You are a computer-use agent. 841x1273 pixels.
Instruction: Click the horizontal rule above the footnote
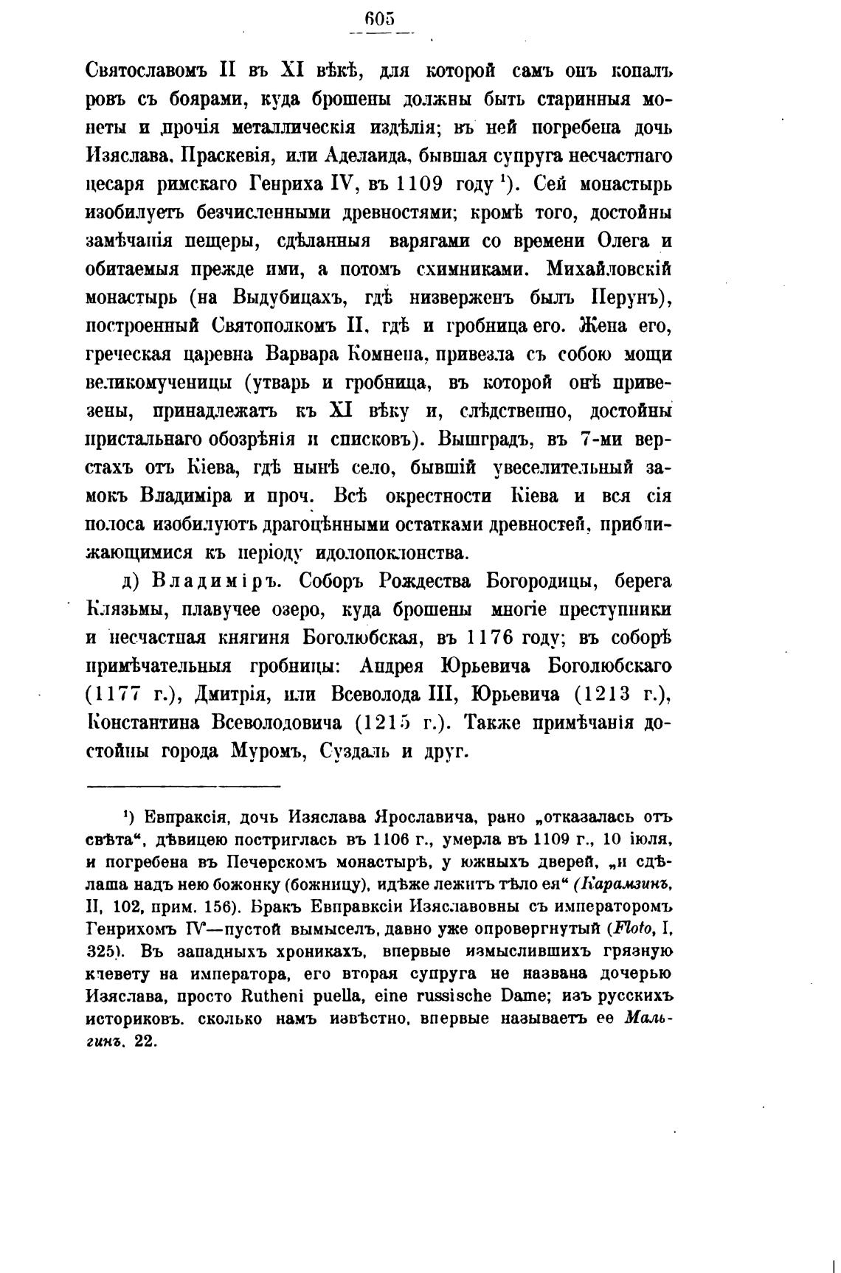tap(184, 786)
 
